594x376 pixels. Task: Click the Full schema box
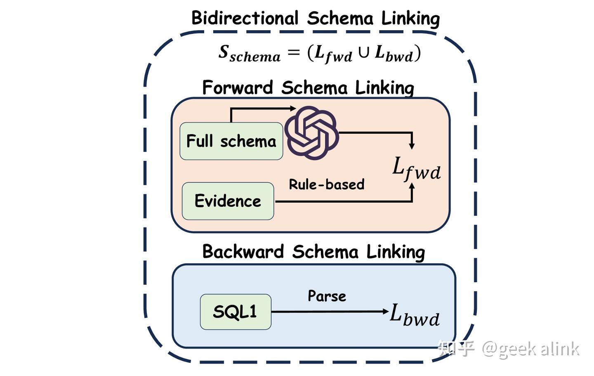[x=231, y=141]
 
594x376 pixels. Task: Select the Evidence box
[x=228, y=201]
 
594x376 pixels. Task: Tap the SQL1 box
[x=235, y=312]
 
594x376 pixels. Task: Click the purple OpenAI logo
[x=311, y=133]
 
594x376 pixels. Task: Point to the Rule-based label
[x=326, y=184]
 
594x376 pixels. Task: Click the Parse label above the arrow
[x=327, y=296]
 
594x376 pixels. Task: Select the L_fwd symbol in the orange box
[x=416, y=169]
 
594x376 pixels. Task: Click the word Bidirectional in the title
[x=245, y=18]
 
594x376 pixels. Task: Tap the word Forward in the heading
[x=237, y=87]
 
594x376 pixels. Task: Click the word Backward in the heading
[x=243, y=251]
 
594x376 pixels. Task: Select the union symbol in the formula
[x=363, y=53]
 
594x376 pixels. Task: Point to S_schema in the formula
[x=249, y=54]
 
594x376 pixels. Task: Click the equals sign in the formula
[x=293, y=52]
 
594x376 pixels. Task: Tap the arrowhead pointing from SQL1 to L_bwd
[x=386, y=311]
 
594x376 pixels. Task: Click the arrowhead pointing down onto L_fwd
[x=412, y=146]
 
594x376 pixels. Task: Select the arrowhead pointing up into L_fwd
[x=412, y=186]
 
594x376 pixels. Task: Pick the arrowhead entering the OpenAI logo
[x=293, y=109]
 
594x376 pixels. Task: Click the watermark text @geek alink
[x=530, y=349]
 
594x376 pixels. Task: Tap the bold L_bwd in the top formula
[x=394, y=54]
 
